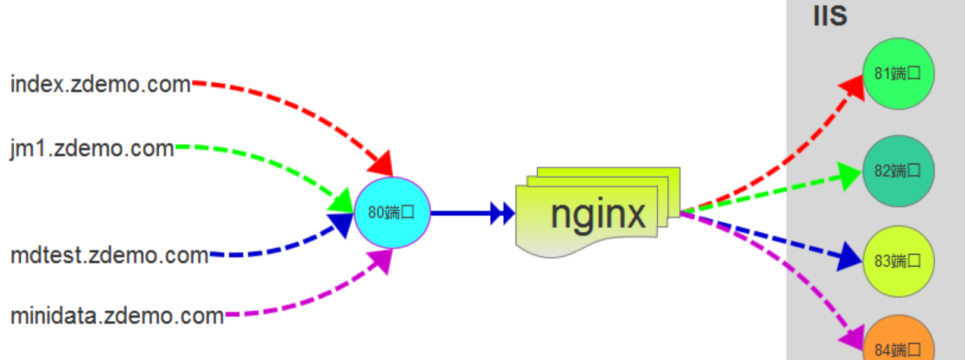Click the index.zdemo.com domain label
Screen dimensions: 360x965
[100, 84]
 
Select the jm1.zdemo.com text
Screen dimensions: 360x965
[92, 149]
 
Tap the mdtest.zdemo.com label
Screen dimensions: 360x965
[109, 255]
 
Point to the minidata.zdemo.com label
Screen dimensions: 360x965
[117, 315]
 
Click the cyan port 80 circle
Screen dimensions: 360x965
[392, 212]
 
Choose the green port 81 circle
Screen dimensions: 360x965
[898, 74]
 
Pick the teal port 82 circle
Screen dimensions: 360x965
[898, 171]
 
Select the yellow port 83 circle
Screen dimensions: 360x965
[898, 261]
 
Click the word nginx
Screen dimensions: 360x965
[597, 214]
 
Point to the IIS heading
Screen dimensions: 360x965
[830, 16]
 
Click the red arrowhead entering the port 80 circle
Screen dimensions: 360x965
[382, 163]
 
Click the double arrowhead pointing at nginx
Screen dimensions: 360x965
[502, 213]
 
